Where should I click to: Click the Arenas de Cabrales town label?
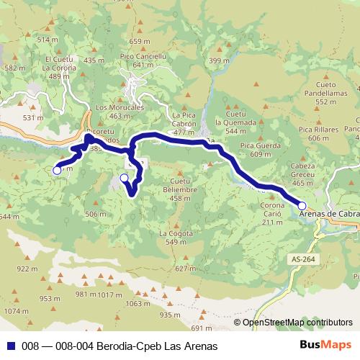328,214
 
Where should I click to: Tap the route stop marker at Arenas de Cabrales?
302,205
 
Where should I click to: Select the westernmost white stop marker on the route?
57,171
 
